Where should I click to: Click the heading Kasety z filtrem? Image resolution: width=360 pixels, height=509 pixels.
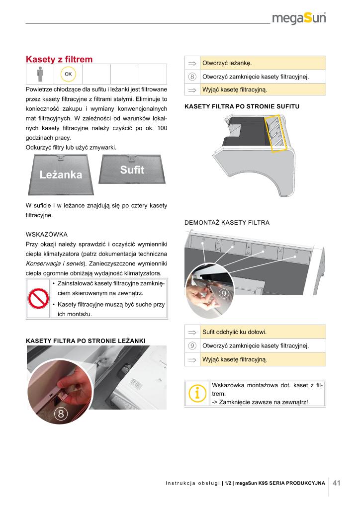(x=59, y=60)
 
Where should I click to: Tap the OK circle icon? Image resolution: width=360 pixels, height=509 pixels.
(x=68, y=74)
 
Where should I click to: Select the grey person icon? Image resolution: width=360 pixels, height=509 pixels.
(x=39, y=74)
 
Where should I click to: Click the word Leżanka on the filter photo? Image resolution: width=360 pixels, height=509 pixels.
(x=61, y=175)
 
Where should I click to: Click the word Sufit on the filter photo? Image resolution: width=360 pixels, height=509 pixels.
(x=132, y=170)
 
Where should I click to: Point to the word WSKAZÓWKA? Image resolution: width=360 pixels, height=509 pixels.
(x=46, y=234)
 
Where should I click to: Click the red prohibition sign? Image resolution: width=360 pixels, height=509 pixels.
(x=37, y=298)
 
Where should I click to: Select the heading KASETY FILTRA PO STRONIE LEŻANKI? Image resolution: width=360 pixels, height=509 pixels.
(x=86, y=340)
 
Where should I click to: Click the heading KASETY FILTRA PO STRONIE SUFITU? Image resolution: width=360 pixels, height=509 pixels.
(x=242, y=106)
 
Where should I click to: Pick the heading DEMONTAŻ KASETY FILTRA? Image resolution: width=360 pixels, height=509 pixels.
(x=227, y=223)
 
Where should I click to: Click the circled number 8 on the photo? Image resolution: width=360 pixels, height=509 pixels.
(x=61, y=414)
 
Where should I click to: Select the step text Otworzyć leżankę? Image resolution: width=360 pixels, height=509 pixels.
(x=227, y=63)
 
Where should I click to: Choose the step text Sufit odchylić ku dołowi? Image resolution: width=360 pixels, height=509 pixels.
(x=234, y=332)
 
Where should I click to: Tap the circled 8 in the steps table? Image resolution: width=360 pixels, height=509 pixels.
(x=192, y=77)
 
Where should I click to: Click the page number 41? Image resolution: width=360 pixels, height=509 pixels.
(x=337, y=483)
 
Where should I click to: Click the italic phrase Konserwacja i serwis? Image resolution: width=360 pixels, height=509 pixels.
(x=54, y=263)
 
